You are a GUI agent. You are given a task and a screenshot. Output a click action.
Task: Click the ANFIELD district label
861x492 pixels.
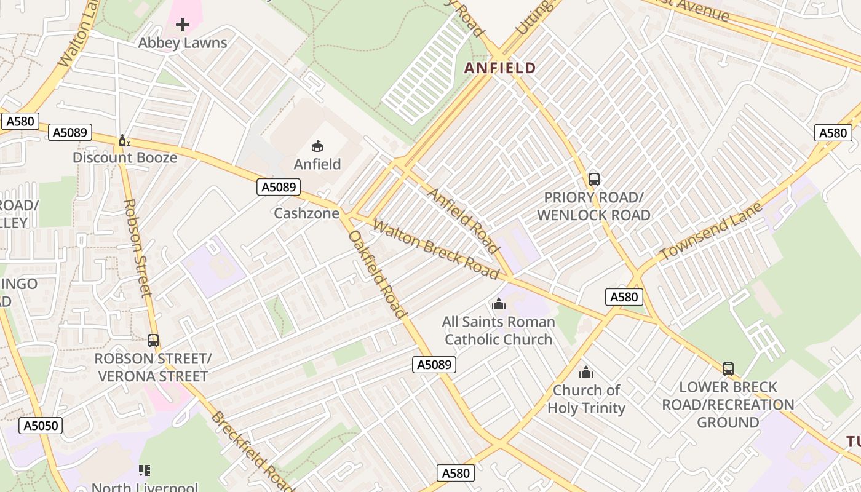pos(500,68)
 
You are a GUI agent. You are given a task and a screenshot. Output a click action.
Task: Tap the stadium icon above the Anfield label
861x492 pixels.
pos(317,146)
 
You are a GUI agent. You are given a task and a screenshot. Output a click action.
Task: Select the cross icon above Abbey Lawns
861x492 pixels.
pos(183,25)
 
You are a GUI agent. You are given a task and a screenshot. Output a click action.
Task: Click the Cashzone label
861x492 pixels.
pos(306,213)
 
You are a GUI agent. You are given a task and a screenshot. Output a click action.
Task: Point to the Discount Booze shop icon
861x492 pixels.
pos(124,141)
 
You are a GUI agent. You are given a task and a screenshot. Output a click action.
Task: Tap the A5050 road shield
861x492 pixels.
pos(41,426)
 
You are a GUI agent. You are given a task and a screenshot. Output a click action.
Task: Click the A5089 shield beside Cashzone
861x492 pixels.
pos(279,187)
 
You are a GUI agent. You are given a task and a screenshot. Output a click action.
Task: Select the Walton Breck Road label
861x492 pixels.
pos(435,249)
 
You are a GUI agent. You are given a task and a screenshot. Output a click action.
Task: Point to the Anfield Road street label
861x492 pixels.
pos(463,221)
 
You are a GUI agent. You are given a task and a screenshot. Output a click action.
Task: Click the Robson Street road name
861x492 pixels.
pos(137,248)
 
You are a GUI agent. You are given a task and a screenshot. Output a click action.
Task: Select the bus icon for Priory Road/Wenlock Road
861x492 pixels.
pos(593,180)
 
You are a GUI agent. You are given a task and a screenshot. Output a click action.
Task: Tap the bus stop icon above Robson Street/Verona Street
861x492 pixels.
pos(153,340)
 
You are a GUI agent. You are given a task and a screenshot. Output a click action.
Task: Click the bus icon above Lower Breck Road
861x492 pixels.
pos(728,369)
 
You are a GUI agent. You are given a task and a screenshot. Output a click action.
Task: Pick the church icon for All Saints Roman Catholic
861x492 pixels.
pos(499,304)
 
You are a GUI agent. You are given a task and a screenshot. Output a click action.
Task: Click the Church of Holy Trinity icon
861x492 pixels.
pos(586,372)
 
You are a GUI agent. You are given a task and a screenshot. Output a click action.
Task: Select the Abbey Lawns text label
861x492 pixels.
pos(183,43)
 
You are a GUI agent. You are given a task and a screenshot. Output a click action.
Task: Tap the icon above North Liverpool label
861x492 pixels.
pos(145,470)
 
